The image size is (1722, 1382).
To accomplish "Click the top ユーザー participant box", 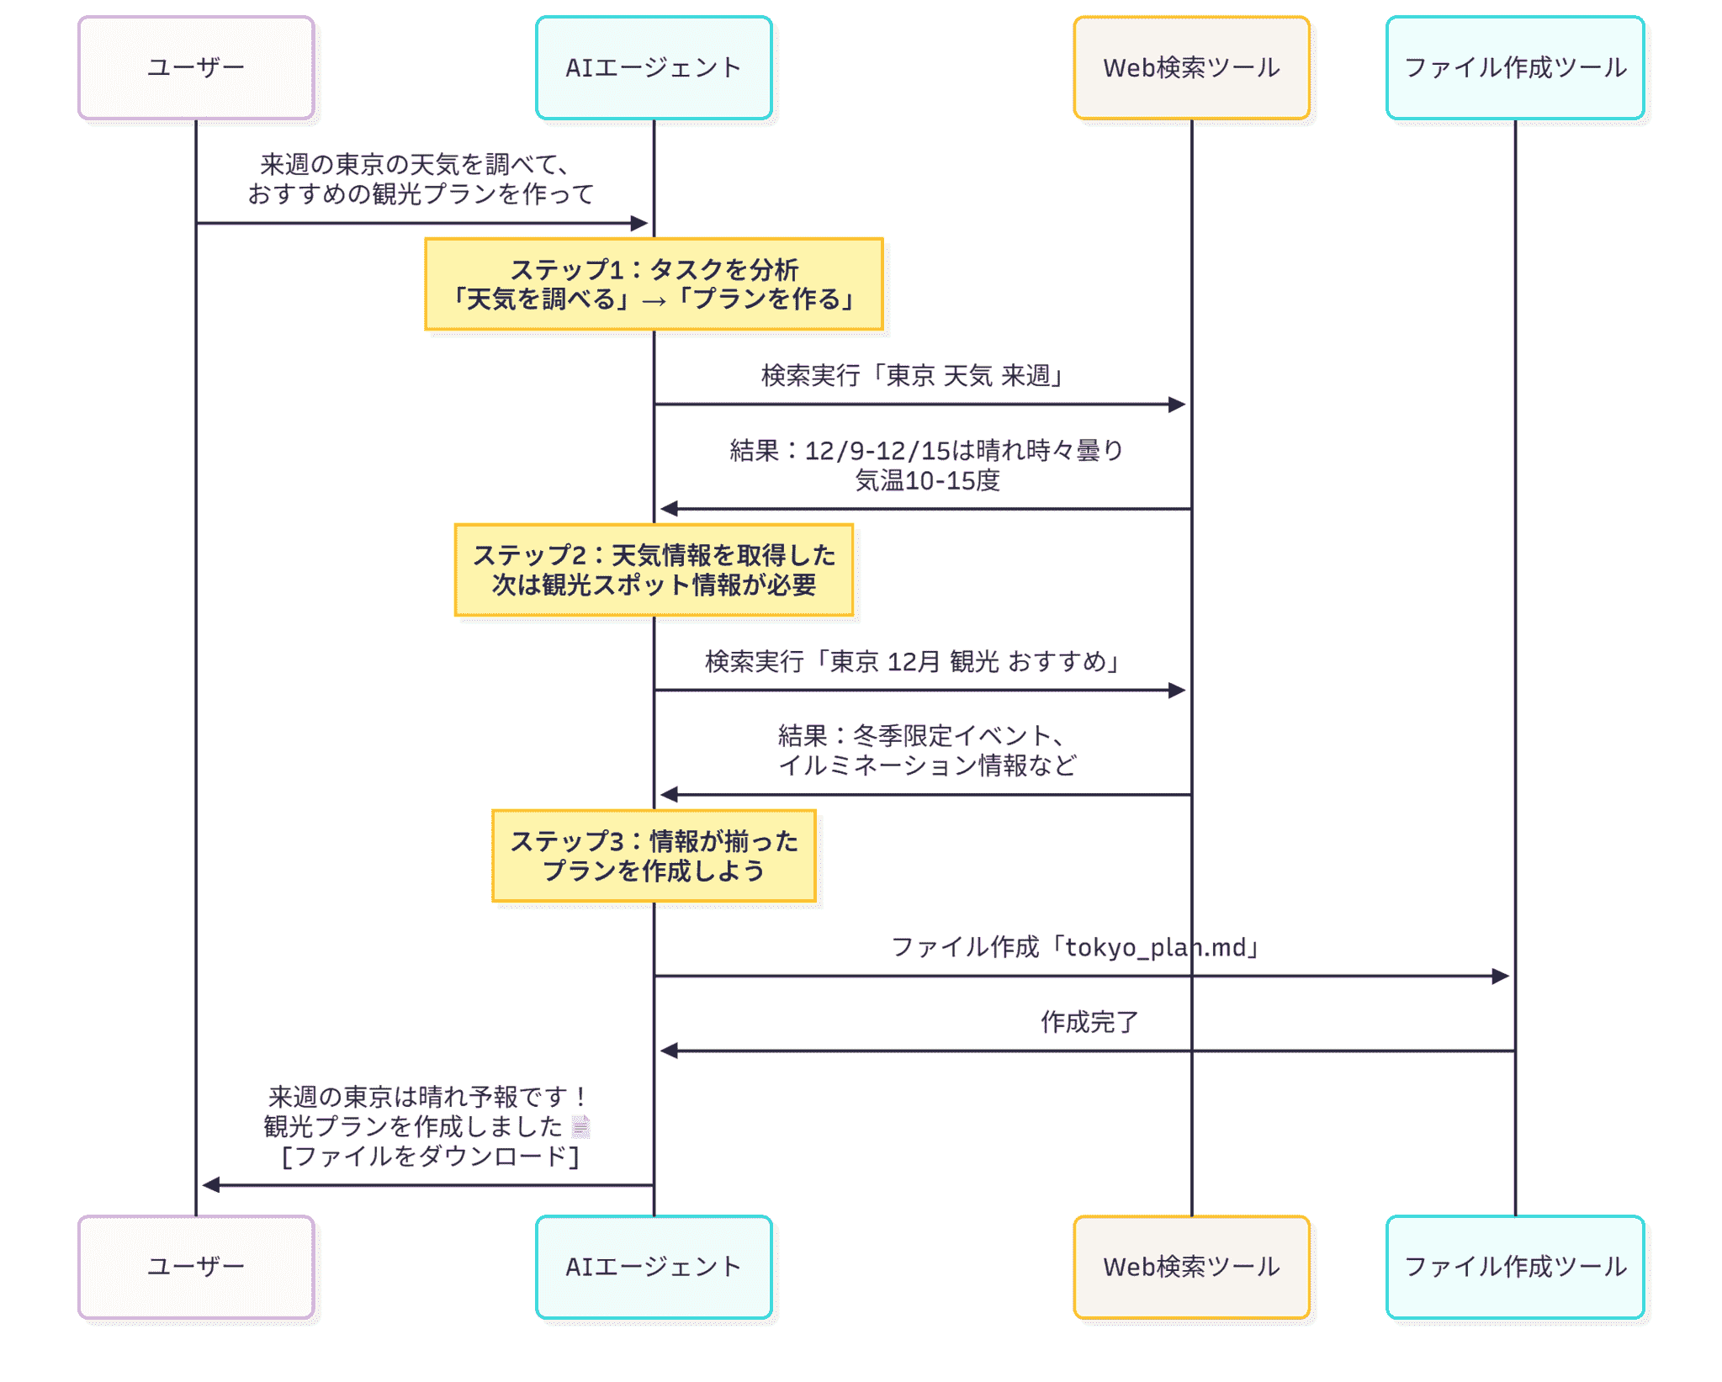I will click(x=196, y=67).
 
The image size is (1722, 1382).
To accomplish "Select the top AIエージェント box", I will click(x=654, y=67).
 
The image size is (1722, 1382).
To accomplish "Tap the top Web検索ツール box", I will click(x=1191, y=67).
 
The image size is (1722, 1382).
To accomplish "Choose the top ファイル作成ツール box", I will click(x=1515, y=67).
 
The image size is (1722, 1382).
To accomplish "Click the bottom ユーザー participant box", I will click(x=196, y=1267).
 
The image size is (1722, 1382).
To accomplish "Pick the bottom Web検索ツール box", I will click(x=1191, y=1267).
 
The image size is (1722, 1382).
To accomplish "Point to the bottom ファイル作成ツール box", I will click(x=1515, y=1267).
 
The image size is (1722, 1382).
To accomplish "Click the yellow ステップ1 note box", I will click(x=654, y=284).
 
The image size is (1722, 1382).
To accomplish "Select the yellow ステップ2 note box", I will click(x=654, y=570).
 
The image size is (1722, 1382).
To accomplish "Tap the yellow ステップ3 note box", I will click(x=654, y=856).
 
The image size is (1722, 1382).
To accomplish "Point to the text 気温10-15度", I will click(x=927, y=481).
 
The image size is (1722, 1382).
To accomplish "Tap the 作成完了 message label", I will click(x=1089, y=1022).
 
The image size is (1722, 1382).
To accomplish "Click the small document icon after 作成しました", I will click(x=580, y=1126).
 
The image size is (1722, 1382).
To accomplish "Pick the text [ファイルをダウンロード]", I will click(x=430, y=1157).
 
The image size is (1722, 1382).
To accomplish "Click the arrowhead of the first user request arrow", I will click(x=639, y=223).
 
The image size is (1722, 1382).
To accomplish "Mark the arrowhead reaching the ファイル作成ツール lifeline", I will click(x=1501, y=976).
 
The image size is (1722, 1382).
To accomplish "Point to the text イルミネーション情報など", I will click(x=927, y=765).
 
